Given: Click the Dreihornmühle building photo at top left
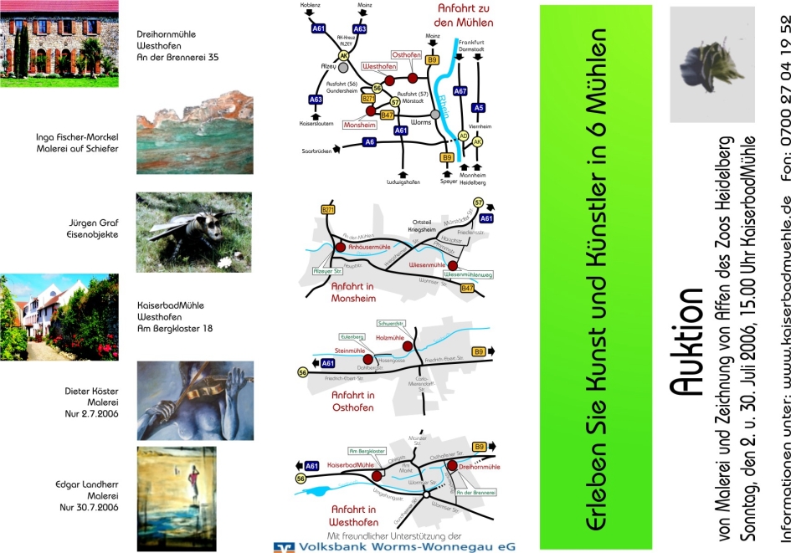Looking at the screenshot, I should pos(58,48).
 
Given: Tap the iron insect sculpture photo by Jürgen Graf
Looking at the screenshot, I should pos(193,232).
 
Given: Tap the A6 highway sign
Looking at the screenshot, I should pos(369,143).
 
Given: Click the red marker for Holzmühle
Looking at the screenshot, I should pos(408,346).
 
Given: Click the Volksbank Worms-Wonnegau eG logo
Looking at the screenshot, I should pos(395,545).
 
